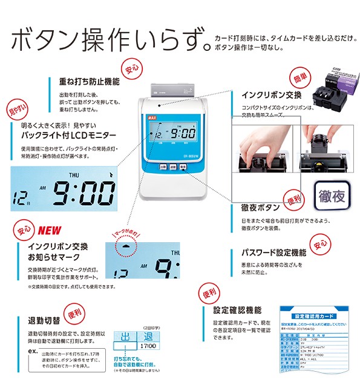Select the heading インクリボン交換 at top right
pyautogui.click(x=272, y=95)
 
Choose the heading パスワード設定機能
pyautogui.click(x=273, y=252)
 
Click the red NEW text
pyautogui.click(x=51, y=231)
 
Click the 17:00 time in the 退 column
pyautogui.click(x=148, y=348)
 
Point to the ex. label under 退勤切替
pyautogui.click(x=33, y=350)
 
